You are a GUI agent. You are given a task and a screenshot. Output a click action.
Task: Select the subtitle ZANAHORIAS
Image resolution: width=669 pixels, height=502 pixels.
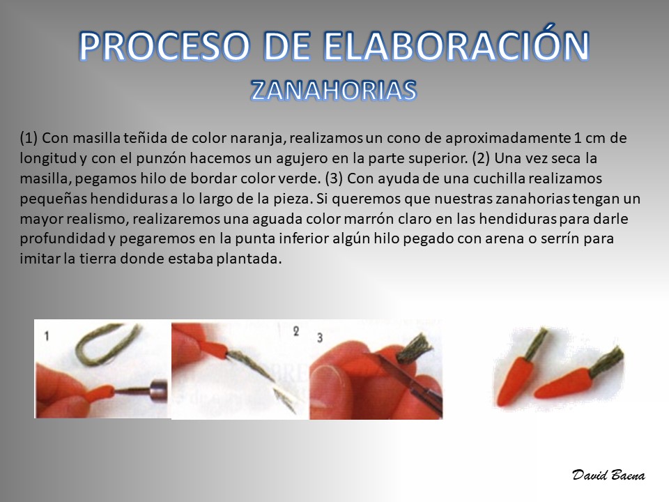tap(333, 91)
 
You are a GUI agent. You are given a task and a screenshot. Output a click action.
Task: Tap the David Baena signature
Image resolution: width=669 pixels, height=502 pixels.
tap(608, 475)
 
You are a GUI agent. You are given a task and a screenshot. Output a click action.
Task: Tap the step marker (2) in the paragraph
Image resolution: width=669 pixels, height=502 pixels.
tap(481, 158)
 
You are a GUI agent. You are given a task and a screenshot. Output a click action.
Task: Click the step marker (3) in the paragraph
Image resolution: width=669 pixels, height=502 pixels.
tap(334, 178)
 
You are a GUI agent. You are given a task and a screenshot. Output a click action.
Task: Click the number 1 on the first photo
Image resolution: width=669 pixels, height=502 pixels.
tap(47, 336)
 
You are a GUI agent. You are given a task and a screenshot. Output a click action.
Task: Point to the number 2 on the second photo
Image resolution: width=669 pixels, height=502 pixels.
tap(296, 331)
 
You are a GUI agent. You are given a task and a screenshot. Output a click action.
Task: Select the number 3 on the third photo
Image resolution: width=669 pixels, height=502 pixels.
tap(320, 338)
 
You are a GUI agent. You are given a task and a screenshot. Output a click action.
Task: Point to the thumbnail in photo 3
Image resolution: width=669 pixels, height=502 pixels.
tap(330, 375)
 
